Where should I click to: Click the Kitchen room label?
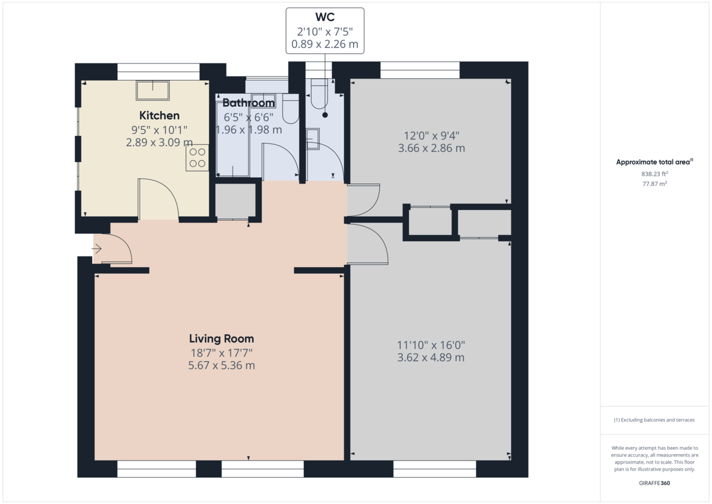point(159,115)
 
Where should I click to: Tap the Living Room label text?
point(221,339)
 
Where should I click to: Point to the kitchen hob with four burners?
point(198,158)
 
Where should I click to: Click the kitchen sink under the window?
point(153,90)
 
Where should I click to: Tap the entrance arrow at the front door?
point(97,249)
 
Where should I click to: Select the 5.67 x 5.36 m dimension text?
point(221,366)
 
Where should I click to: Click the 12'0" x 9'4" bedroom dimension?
point(431,135)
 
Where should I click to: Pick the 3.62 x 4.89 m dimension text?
point(431,357)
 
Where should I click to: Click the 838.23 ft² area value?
point(654,174)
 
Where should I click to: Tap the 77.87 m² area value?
point(654,184)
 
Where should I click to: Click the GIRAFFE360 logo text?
point(654,483)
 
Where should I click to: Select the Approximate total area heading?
point(654,161)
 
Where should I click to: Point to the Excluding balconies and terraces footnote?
point(654,420)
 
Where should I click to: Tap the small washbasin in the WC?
point(313,140)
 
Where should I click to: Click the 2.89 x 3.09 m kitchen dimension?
point(159,142)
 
